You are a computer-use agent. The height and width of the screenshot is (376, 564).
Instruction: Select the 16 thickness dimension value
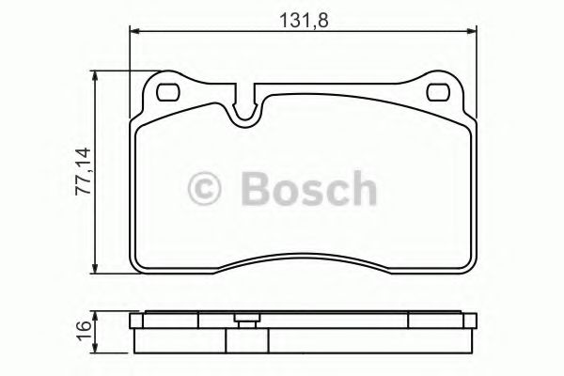pos(83,331)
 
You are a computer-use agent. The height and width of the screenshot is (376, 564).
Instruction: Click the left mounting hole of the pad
pos(169,93)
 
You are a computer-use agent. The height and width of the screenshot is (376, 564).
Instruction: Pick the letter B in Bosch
pos(255,188)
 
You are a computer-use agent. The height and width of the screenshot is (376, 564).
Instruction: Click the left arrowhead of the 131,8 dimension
pos(133,32)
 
